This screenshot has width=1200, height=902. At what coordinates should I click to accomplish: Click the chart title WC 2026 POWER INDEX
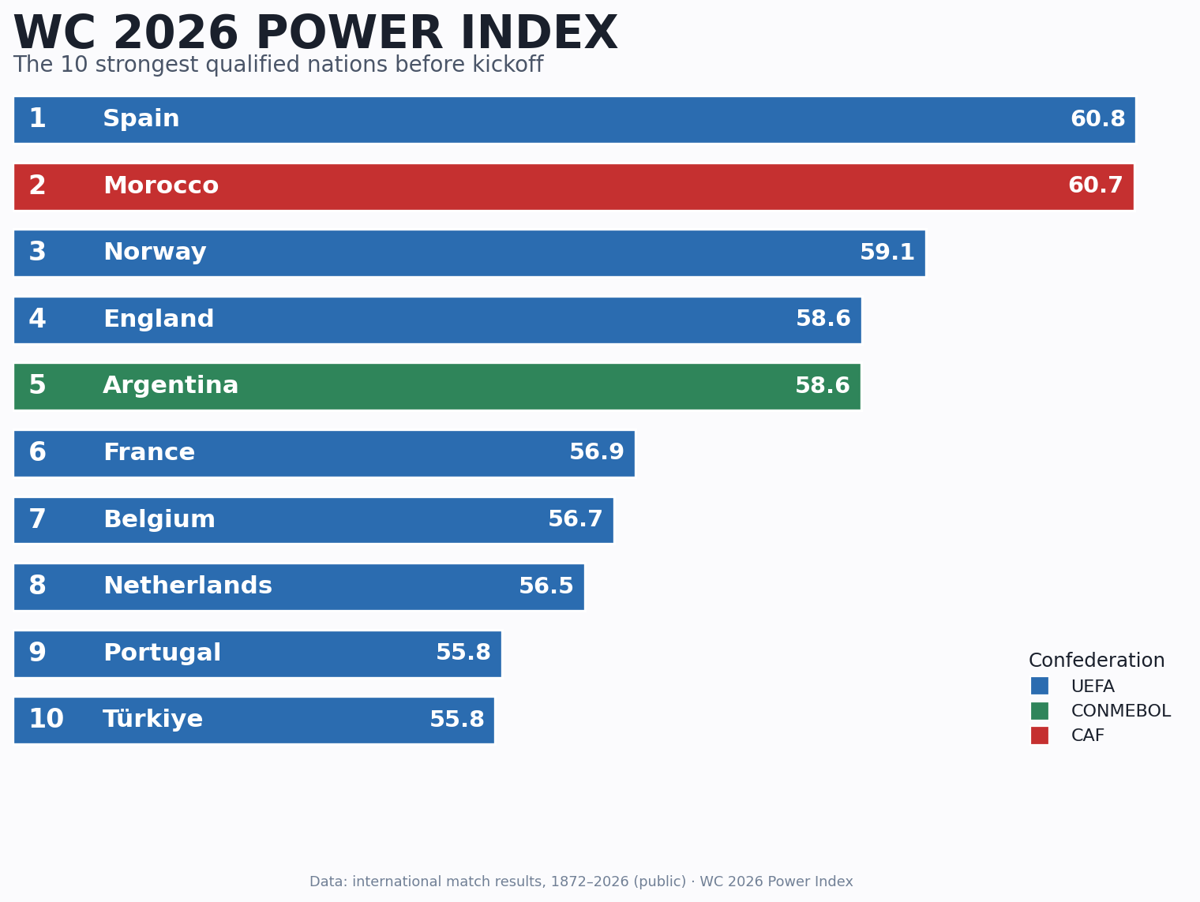coord(316,33)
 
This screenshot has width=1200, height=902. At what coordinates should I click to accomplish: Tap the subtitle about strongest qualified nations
coord(278,65)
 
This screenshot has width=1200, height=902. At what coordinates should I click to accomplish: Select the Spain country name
coord(141,118)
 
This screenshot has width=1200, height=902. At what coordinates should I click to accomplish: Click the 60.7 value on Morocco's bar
coord(1096,185)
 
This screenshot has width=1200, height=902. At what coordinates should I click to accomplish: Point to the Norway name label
coord(155,253)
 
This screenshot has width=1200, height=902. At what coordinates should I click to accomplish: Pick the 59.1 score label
coord(887,253)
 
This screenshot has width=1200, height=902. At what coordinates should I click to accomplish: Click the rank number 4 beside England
coord(37,319)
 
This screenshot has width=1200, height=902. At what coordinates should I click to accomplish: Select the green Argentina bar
coord(437,386)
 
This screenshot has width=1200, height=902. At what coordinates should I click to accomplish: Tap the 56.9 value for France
coord(597,452)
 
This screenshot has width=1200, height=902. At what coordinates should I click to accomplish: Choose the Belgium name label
coord(159,519)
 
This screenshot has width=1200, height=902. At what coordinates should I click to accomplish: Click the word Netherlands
coord(188,586)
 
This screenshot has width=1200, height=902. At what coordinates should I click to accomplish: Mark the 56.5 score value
coord(546,586)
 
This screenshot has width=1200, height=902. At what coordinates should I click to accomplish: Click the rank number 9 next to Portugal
coord(37,653)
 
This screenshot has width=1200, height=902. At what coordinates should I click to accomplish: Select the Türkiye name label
coord(152,719)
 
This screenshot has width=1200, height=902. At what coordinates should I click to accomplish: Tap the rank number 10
coord(46,719)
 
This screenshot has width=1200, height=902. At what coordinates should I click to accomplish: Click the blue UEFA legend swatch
coord(1039,686)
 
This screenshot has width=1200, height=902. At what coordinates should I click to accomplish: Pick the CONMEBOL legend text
coord(1121,711)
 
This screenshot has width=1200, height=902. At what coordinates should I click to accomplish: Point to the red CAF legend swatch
coord(1039,735)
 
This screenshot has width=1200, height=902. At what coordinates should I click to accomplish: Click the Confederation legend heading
coord(1097,660)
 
